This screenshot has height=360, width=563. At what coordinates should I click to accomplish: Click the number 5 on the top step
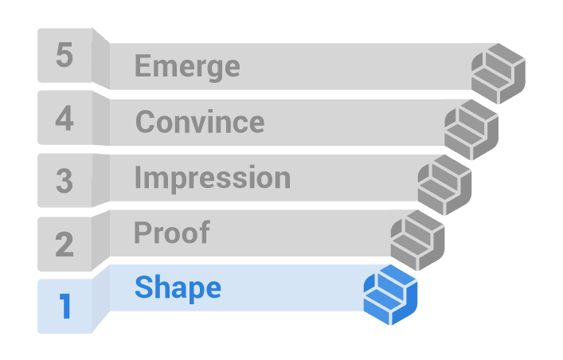point(65,55)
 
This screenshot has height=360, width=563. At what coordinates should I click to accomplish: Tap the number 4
point(65,118)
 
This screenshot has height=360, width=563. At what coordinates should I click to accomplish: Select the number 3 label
point(65,181)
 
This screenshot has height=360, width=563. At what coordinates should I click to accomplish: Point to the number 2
point(65,244)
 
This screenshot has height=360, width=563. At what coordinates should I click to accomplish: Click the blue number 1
point(65,306)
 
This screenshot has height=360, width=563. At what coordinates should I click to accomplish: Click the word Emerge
point(187,67)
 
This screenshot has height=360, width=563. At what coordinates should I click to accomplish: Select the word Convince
point(200,121)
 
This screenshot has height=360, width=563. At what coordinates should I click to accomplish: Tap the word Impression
point(213,178)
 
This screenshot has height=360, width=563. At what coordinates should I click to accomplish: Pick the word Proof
point(172,233)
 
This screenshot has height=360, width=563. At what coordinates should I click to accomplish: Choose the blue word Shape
point(178,288)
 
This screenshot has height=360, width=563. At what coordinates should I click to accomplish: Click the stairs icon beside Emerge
point(498,73)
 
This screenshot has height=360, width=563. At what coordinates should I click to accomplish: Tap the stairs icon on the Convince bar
point(471,130)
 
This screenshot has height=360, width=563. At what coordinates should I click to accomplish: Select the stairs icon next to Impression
point(444,185)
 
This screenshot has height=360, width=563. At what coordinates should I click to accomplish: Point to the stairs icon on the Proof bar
point(417,241)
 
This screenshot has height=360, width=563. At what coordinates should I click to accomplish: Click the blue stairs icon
point(391,295)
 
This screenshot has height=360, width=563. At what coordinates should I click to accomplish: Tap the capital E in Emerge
point(143,65)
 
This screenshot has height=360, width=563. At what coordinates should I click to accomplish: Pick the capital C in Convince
point(145,121)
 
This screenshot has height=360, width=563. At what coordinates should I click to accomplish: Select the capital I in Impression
point(137,177)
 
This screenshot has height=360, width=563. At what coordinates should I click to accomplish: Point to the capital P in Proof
point(143,233)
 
